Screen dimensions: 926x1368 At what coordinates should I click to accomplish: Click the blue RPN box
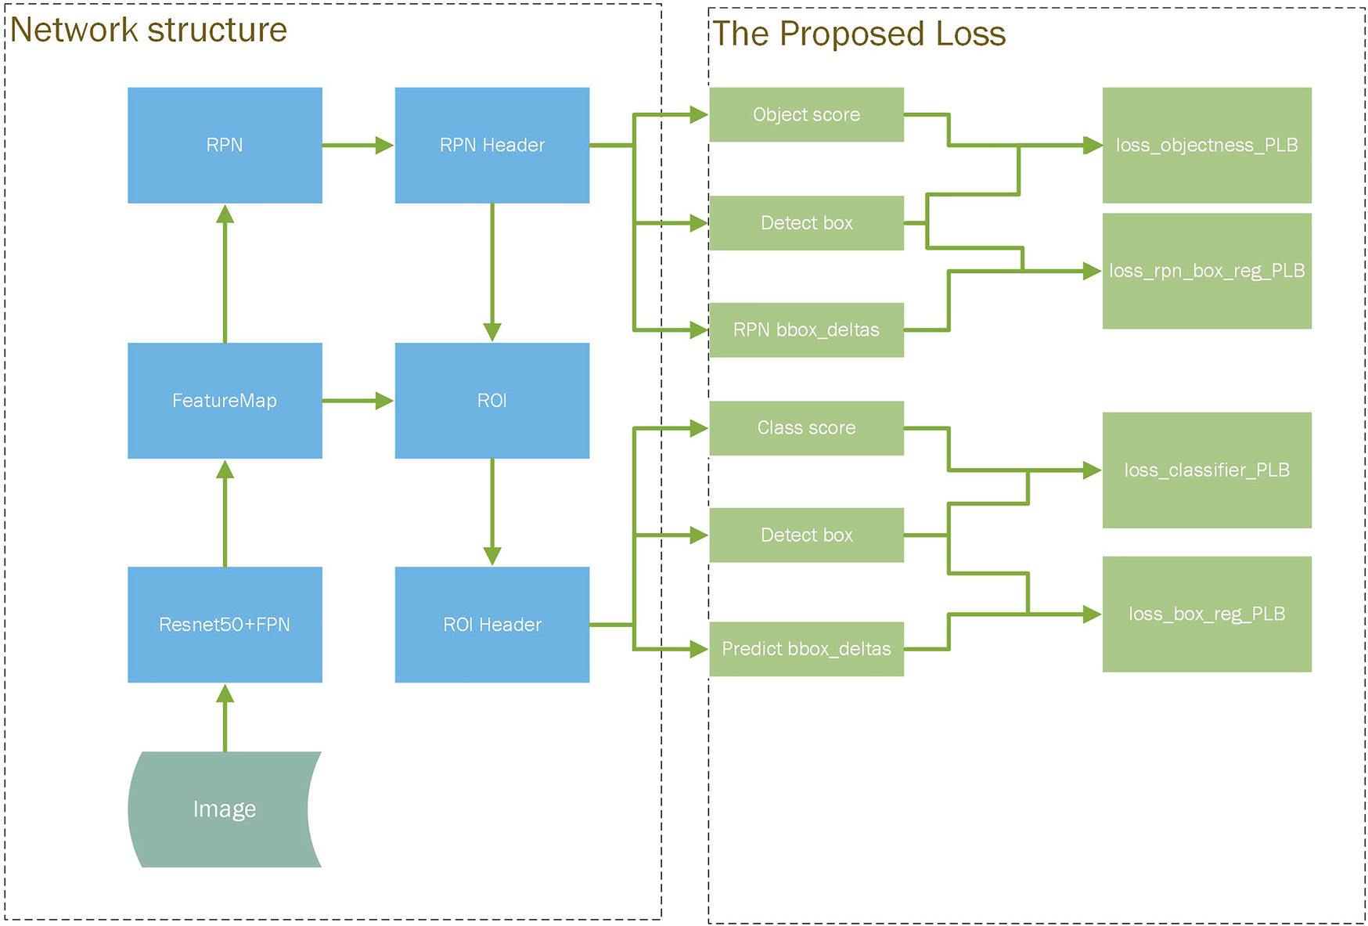pyautogui.click(x=225, y=145)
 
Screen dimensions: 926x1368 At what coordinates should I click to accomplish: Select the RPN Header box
pyautogui.click(x=491, y=145)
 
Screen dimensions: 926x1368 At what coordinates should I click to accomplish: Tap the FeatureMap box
pyautogui.click(x=225, y=400)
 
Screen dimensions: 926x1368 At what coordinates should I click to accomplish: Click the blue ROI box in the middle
pyautogui.click(x=491, y=400)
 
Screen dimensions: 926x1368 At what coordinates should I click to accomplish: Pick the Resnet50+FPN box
pyautogui.click(x=225, y=624)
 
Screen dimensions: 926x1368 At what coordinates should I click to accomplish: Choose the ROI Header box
pyautogui.click(x=491, y=624)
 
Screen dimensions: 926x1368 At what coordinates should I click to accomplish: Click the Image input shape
pyautogui.click(x=225, y=809)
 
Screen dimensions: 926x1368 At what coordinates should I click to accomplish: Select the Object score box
pyautogui.click(x=806, y=114)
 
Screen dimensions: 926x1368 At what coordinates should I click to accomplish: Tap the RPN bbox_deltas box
pyautogui.click(x=806, y=330)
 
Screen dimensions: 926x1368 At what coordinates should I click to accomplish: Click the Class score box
pyautogui.click(x=806, y=427)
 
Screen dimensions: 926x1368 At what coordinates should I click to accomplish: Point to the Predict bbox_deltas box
pyautogui.click(x=806, y=648)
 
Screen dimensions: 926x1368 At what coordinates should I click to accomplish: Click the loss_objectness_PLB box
pyautogui.click(x=1206, y=145)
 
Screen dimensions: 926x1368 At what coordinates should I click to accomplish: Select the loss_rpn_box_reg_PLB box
pyautogui.click(x=1206, y=271)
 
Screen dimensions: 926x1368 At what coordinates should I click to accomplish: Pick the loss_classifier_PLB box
pyautogui.click(x=1206, y=470)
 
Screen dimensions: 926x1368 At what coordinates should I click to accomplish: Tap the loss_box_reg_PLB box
pyautogui.click(x=1206, y=614)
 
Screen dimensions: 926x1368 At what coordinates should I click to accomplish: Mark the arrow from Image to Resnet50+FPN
pyautogui.click(x=225, y=717)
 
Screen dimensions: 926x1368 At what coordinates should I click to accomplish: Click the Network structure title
pyautogui.click(x=149, y=30)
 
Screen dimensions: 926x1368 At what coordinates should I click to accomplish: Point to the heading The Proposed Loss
pyautogui.click(x=859, y=34)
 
